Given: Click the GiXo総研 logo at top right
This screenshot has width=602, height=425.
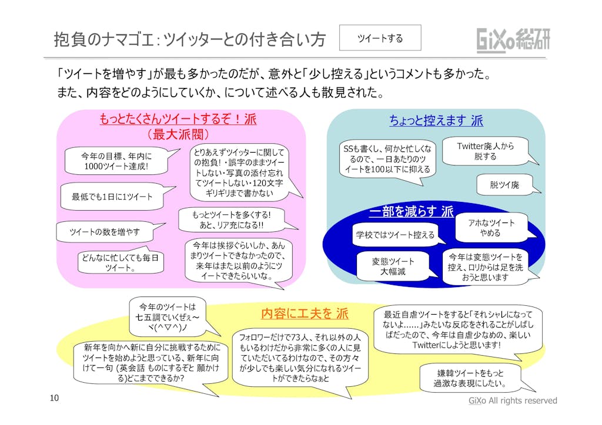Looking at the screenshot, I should pyautogui.click(x=513, y=39).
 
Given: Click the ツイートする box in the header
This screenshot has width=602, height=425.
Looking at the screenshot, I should pyautogui.click(x=380, y=38).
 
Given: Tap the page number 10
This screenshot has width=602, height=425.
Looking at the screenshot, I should pyautogui.click(x=54, y=399).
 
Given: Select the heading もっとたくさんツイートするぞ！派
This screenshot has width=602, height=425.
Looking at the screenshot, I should pyautogui.click(x=178, y=120).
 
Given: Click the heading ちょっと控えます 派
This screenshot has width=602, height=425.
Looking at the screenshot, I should pyautogui.click(x=436, y=120).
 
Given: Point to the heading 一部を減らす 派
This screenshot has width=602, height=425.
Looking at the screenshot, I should pyautogui.click(x=411, y=211).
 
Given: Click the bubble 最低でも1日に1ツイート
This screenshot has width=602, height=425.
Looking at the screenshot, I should pyautogui.click(x=112, y=197).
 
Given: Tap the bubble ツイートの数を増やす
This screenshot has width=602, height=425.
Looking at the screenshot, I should pyautogui.click(x=105, y=232).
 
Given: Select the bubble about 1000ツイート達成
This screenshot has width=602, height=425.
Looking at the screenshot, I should pyautogui.click(x=115, y=161).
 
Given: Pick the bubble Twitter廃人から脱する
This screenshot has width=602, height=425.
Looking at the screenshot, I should pyautogui.click(x=485, y=151).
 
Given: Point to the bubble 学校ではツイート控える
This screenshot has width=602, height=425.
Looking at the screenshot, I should pyautogui.click(x=394, y=235).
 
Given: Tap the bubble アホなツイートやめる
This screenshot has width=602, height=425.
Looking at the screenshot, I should pyautogui.click(x=490, y=228).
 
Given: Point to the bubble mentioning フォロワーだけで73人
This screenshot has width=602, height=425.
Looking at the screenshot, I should pyautogui.click(x=300, y=358).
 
